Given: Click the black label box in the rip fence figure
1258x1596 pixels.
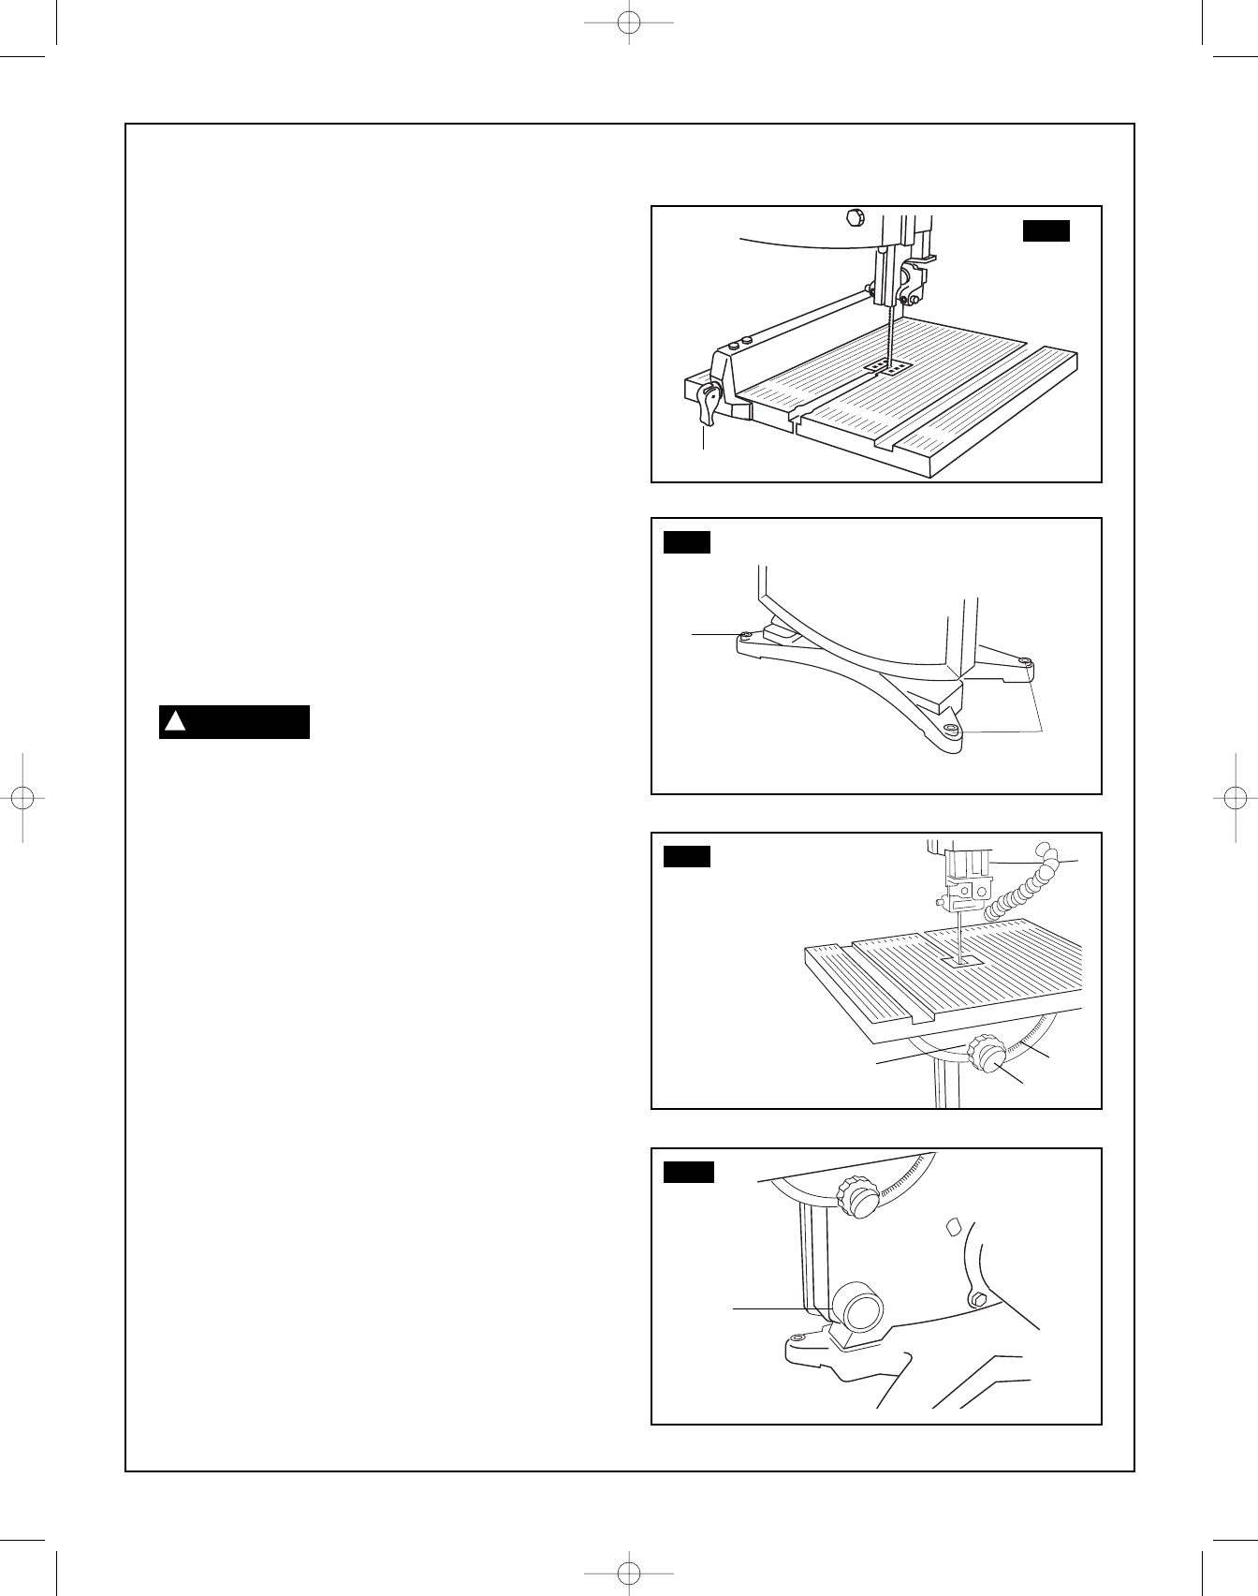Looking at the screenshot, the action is point(1046,230).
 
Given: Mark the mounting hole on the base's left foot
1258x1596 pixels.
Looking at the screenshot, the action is point(746,636).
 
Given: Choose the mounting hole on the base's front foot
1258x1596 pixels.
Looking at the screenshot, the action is point(951,728).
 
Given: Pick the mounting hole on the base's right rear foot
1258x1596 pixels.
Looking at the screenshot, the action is point(1026,663).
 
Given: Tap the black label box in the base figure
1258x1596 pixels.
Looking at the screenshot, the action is point(687,542).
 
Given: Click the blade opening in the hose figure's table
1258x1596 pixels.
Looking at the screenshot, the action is point(961,960).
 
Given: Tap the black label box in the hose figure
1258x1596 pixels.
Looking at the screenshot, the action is point(687,857).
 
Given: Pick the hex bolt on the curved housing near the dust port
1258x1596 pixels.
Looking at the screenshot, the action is point(977,1298).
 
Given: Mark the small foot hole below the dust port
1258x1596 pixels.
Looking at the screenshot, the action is point(797,1337).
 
